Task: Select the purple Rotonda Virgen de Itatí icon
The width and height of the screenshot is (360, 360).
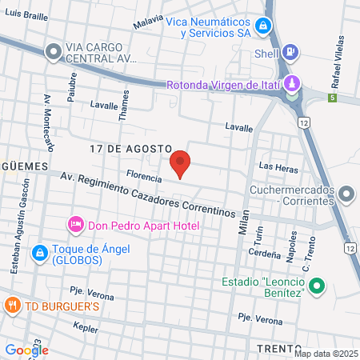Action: point(293,83)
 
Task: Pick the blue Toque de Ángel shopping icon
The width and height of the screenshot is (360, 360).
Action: point(38,253)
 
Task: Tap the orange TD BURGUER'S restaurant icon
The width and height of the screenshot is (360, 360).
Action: point(12,305)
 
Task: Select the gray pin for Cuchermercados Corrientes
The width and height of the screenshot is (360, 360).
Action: point(347,193)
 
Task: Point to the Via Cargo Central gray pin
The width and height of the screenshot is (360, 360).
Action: point(54,52)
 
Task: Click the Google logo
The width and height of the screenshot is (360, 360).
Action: point(26,350)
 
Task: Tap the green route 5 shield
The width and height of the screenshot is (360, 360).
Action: point(332,98)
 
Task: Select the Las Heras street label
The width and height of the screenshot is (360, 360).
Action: point(278,166)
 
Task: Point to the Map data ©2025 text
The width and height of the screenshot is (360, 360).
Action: point(326,354)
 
